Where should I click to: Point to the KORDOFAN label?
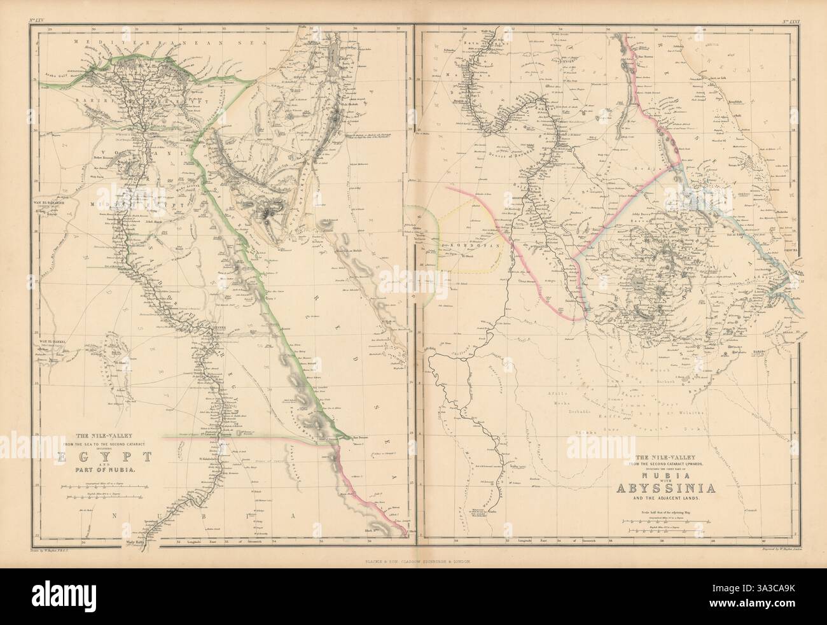pos(457,244)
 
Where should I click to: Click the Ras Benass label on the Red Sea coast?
pos(361,438)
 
